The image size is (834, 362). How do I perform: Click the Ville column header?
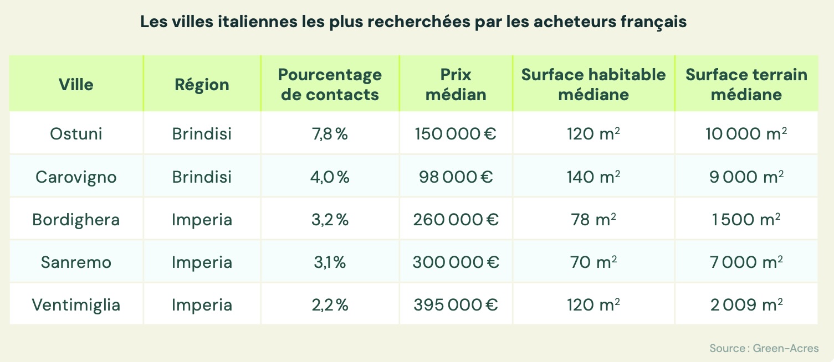[x=76, y=85]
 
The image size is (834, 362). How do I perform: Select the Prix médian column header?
[x=456, y=85]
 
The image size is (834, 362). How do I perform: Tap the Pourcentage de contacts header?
[x=330, y=85]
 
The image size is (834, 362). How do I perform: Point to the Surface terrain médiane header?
[x=746, y=85]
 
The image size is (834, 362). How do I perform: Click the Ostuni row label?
[x=76, y=133]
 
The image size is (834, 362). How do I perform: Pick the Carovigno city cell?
[x=76, y=177]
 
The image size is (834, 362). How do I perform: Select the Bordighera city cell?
[x=76, y=219]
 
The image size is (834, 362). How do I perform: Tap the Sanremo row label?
[x=76, y=262]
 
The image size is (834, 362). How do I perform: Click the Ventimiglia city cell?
[x=76, y=304]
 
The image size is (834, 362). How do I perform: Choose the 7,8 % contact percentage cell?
[x=330, y=133]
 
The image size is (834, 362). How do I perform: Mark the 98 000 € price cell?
[x=456, y=177]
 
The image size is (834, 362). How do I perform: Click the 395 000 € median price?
[x=456, y=304]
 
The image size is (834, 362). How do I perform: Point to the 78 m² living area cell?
[x=593, y=219]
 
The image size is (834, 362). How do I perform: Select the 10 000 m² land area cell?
[x=746, y=133]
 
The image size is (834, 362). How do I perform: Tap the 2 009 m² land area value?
[x=746, y=304]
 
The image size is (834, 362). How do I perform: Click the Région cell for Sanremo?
[x=202, y=262]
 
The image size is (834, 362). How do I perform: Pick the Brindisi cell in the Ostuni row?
[x=202, y=133]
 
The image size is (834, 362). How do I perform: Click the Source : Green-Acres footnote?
[x=764, y=348]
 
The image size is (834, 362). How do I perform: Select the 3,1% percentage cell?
[x=330, y=262]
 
